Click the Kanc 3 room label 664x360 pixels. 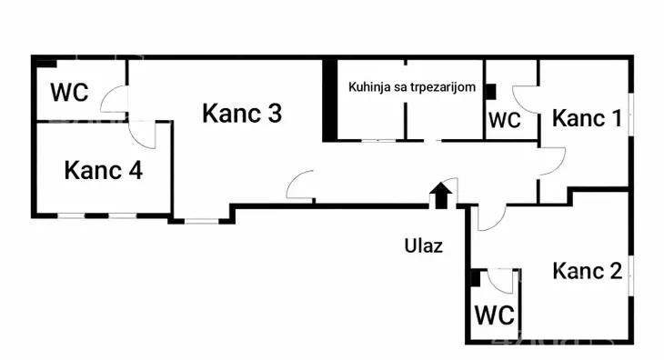coord(241,114)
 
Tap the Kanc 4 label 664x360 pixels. coord(103,169)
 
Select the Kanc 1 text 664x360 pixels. coord(588,117)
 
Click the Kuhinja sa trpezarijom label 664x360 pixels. coord(412,87)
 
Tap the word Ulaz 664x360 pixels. coord(424,245)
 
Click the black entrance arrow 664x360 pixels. coord(440,195)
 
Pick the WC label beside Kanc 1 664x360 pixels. coord(505,120)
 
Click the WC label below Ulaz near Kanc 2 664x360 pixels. coord(495,315)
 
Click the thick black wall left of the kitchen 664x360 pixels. coord(329,100)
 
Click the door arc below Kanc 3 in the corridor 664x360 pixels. coord(298,186)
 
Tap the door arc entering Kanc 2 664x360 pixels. coord(489,217)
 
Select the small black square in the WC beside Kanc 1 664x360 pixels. coord(490,91)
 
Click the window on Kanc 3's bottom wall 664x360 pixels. coord(202,220)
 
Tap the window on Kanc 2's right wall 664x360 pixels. coord(629,274)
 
